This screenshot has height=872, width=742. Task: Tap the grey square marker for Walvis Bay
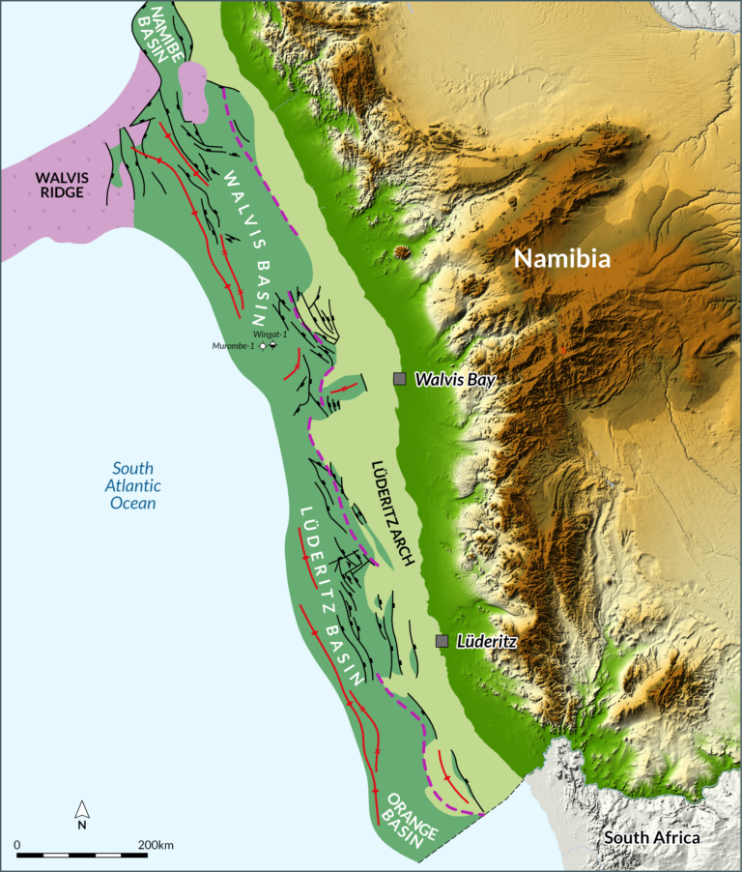click(x=399, y=380)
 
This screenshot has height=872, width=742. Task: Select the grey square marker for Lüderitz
click(x=442, y=641)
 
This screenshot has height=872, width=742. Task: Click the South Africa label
click(x=652, y=837)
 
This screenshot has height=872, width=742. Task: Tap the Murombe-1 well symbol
click(x=262, y=345)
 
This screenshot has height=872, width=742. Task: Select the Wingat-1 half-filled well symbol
click(x=273, y=345)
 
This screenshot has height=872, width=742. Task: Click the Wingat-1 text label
click(x=272, y=334)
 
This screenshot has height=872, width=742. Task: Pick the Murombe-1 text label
click(x=234, y=346)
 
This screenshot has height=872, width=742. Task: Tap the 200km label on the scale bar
click(x=156, y=845)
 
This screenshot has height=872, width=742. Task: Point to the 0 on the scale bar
click(x=18, y=845)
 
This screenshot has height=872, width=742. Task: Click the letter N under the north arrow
click(x=83, y=826)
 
